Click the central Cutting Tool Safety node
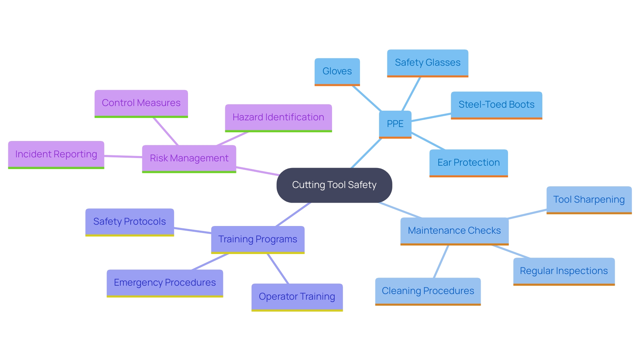pos(334,185)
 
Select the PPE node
pos(395,124)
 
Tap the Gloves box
pos(337,71)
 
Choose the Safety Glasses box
pos(427,63)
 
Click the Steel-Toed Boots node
pos(496,105)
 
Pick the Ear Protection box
pos(468,163)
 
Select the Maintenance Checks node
pos(454,231)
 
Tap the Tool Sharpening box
pos(589,200)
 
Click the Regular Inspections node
pos(564,271)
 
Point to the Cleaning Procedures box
pos(428,291)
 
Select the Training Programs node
pos(258,239)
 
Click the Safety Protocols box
pos(129,222)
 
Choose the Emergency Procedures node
pos(165,283)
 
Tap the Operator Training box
pos(297,297)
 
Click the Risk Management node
pos(189,158)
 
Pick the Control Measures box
pos(141,103)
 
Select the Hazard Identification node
pos(278,117)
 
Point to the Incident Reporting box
pos(56,154)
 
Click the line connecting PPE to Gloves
pos(367,98)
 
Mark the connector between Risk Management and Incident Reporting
pos(123,156)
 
